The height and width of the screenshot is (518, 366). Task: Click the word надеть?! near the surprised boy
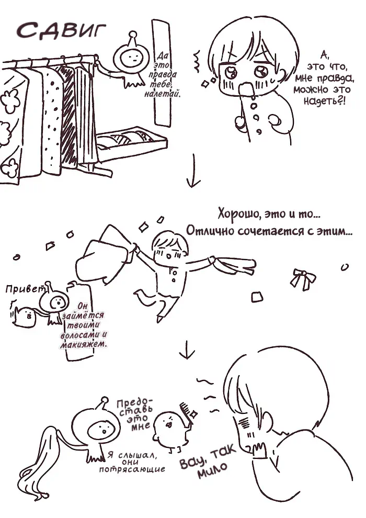(324, 101)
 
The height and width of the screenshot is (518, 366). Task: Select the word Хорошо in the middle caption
(236, 213)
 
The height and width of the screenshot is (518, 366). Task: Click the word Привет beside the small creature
(25, 289)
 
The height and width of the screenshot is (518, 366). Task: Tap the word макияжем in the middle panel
(84, 345)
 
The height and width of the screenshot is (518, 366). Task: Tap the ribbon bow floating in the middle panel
(303, 278)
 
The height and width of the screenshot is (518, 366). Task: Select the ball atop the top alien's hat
(133, 35)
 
